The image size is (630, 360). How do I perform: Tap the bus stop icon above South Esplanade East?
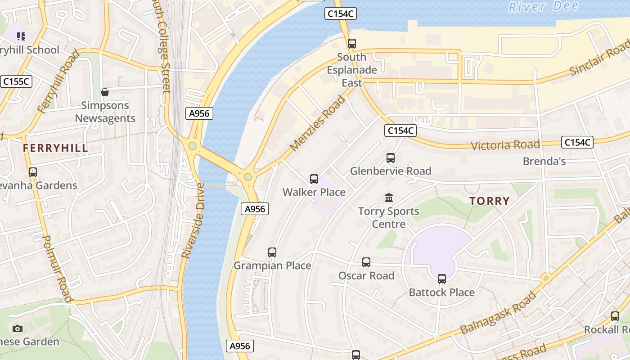[x=352, y=44]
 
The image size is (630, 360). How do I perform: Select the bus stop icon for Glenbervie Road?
[x=391, y=158]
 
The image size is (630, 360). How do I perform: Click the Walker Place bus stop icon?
[x=314, y=179]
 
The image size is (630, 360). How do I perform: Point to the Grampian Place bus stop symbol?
[x=272, y=252]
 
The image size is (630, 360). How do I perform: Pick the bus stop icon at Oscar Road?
[x=366, y=262]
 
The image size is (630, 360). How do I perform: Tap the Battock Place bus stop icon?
[x=442, y=279]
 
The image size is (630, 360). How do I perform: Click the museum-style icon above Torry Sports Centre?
[x=389, y=198]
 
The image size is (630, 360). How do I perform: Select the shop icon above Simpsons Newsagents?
[x=105, y=92]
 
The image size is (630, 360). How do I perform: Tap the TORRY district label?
[x=490, y=201]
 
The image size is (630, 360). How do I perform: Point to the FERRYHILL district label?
[x=55, y=148]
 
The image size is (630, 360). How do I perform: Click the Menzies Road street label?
[x=318, y=123]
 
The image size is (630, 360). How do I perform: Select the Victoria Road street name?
[x=505, y=145]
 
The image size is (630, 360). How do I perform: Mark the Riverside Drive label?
[x=193, y=220]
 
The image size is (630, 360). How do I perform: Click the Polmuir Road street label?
[x=57, y=269]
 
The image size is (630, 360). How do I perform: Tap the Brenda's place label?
[x=544, y=161]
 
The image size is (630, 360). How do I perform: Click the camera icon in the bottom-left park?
[x=18, y=328]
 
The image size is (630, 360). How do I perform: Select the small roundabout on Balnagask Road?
[x=546, y=279]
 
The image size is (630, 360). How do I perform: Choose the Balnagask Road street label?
[x=499, y=313]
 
